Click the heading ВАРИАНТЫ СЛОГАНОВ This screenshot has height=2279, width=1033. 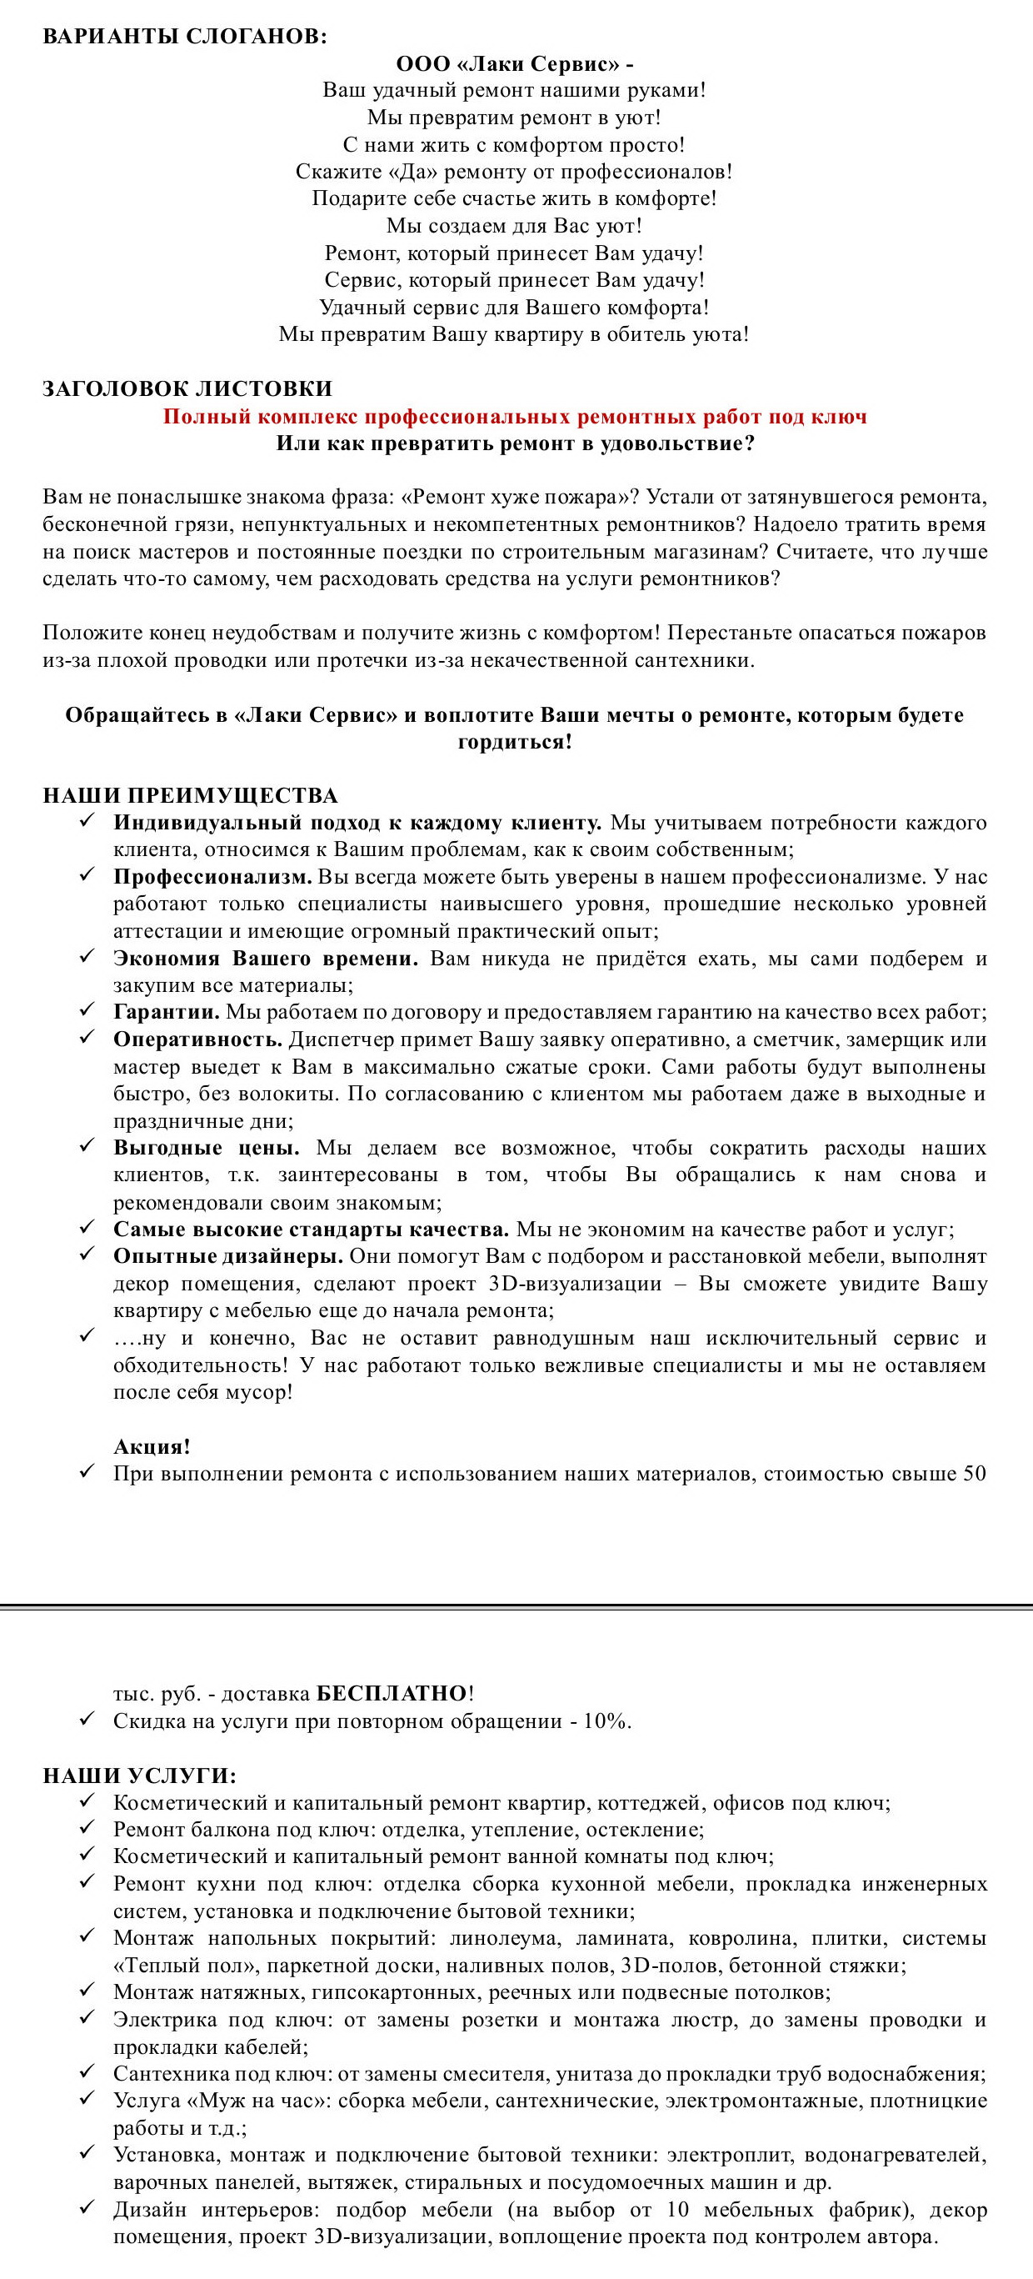coord(185,37)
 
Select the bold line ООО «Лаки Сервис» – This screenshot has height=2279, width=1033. coord(514,63)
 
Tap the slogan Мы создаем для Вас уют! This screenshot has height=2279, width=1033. coord(514,226)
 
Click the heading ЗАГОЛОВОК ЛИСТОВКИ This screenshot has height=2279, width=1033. coord(187,388)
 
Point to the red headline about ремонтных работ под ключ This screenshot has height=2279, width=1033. coord(515,417)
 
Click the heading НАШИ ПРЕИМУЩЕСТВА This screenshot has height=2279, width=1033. coord(190,795)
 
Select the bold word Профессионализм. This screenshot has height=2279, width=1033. coord(212,877)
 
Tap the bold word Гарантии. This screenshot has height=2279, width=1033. coord(167,1012)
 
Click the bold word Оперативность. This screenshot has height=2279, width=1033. coord(197,1039)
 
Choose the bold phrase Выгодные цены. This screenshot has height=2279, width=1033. coord(206,1149)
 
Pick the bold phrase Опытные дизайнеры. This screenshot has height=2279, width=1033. coord(228,1256)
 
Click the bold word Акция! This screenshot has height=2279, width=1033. coord(152,1446)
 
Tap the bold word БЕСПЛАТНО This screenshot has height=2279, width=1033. coord(392,1693)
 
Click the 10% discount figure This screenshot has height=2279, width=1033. coord(606,1721)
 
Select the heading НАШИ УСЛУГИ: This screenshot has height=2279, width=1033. coord(140,1776)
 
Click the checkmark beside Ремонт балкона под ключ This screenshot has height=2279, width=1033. coord(86,1828)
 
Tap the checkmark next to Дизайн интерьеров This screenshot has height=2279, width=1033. coord(86,2208)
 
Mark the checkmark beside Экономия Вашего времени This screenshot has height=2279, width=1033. coord(86,957)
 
